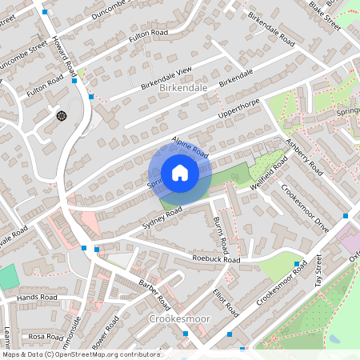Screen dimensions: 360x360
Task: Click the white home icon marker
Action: pos(180,173)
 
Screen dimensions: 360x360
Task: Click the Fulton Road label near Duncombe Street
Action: pos(150,34)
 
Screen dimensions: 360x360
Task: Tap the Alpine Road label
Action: pos(190,146)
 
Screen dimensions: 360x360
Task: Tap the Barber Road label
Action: pos(154,294)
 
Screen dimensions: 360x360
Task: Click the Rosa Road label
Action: pos(45,337)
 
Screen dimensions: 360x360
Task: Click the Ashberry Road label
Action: pos(305,157)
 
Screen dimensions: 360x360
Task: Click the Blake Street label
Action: pos(325,16)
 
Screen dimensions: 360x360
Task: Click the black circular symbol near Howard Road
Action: pos(62,116)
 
